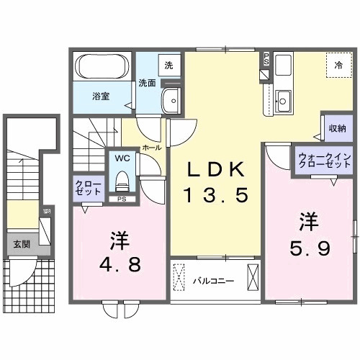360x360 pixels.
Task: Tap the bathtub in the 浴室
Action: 102,69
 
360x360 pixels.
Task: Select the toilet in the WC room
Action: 122,178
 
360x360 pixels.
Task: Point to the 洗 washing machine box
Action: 168,66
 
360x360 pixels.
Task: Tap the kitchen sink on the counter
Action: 283,100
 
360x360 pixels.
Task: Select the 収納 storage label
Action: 336,127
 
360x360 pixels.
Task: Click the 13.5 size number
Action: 217,194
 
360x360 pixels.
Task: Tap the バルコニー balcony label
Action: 212,279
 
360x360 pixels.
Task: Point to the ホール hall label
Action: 151,147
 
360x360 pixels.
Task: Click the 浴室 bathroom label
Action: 100,96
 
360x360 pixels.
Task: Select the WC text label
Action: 121,157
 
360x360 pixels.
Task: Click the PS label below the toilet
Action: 122,198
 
